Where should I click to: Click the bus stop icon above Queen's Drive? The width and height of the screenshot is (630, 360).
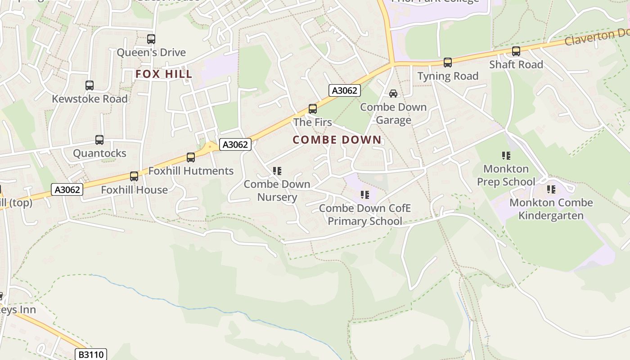point(151,39)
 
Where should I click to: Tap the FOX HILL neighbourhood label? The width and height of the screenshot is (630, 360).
point(164,74)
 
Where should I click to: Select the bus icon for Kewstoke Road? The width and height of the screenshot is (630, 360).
point(90,85)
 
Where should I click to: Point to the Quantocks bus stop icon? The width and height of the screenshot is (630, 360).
point(99,140)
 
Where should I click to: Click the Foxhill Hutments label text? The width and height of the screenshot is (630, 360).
point(191,171)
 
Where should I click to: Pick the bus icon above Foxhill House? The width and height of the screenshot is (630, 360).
point(134,176)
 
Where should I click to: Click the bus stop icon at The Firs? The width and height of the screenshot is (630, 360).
point(312,109)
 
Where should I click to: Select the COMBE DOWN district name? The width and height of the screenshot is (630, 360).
point(337,140)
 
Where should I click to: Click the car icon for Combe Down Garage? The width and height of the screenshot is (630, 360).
point(393,94)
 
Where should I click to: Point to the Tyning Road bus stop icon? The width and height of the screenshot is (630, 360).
point(447,63)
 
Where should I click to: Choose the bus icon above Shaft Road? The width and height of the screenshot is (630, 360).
point(516,51)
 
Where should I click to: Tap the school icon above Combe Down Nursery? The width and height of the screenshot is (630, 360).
point(277,171)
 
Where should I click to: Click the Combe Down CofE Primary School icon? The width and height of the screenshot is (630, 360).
point(365,195)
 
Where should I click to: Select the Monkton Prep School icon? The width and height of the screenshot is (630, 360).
point(506,156)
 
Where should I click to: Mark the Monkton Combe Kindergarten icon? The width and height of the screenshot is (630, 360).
point(551,189)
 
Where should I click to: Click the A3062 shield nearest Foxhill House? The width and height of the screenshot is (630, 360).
point(67,189)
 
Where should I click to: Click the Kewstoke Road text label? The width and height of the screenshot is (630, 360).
point(90,99)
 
